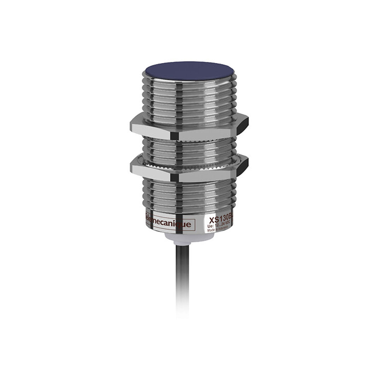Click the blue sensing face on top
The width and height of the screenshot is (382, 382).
click(x=190, y=70)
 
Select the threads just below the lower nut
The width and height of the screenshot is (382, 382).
click(x=190, y=195)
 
